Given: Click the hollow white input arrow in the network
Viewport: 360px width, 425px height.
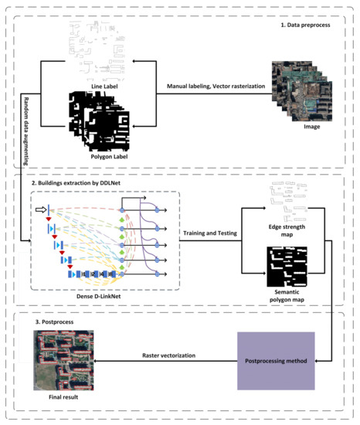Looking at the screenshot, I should point(41,209).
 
